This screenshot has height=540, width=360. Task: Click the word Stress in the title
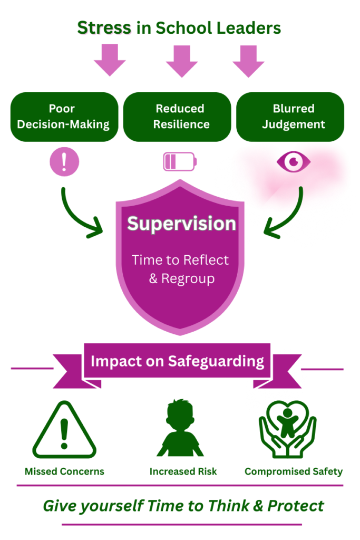click(x=104, y=28)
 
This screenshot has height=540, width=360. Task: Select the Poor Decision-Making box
click(x=63, y=117)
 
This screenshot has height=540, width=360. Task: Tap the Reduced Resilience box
click(x=180, y=117)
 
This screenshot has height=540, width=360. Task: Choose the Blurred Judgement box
click(x=293, y=117)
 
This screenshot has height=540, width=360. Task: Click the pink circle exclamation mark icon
click(x=64, y=161)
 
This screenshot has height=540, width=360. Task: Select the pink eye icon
click(x=294, y=161)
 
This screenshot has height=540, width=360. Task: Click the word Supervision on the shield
click(x=181, y=224)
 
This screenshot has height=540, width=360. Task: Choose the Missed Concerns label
click(x=64, y=471)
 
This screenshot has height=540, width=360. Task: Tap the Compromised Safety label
click(x=294, y=471)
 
